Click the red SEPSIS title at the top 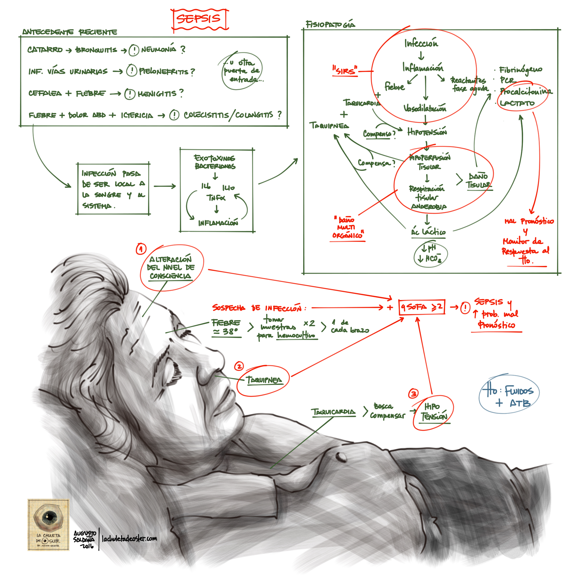coord(199,19)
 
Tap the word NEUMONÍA coord(159,49)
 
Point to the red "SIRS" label coord(345,71)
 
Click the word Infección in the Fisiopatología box coord(421,44)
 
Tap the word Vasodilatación coord(425,108)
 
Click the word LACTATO coord(517,103)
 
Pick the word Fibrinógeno coord(520,70)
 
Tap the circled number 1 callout coord(141,249)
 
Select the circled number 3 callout coord(414,394)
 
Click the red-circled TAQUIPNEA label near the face coord(264,380)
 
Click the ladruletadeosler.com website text coord(129,539)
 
